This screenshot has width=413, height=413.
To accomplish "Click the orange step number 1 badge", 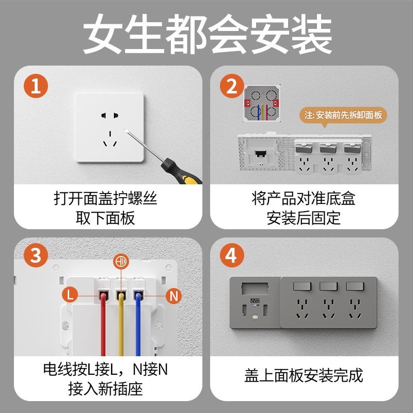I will click(x=36, y=85).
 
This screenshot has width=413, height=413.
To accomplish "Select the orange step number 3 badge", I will click(x=36, y=256).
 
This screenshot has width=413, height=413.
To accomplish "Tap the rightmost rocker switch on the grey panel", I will click(x=354, y=287).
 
